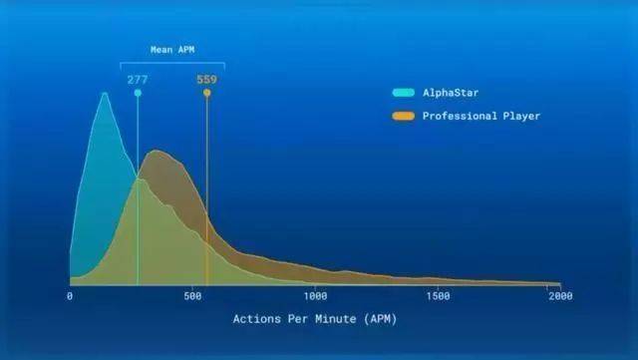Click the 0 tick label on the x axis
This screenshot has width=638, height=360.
click(70, 296)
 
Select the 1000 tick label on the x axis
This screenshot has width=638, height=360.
click(315, 296)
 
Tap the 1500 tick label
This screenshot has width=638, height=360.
click(438, 296)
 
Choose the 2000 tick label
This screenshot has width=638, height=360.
click(560, 296)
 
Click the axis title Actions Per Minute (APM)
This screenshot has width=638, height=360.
click(315, 319)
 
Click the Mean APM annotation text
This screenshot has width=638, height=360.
click(172, 49)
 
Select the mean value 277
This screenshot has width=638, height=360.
click(138, 79)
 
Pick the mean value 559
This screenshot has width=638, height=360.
click(206, 79)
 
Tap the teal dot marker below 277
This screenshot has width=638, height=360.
click(138, 93)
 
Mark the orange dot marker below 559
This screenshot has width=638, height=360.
click(206, 93)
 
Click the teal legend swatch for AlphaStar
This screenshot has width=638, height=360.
click(403, 93)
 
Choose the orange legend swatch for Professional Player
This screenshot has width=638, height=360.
click(403, 116)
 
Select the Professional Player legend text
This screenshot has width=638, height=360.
click(481, 116)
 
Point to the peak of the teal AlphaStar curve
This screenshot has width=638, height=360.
click(104, 94)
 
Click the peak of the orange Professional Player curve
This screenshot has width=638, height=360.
click(156, 152)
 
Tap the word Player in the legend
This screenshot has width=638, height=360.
click(521, 116)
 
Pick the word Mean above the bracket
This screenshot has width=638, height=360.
click(160, 49)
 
